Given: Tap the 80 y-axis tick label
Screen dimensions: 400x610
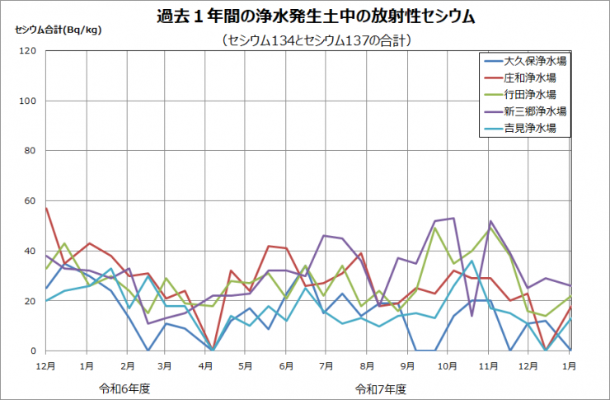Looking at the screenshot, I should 30,151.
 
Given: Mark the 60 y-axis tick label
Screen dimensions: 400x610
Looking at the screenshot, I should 30,201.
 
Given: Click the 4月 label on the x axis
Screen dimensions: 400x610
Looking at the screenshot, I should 205,364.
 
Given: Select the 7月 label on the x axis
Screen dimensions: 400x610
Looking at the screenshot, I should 326,364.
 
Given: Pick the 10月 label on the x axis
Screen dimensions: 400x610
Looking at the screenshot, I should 446,364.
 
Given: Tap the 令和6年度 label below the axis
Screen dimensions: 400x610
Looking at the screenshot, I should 124,388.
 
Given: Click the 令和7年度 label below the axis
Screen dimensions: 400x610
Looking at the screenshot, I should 381,388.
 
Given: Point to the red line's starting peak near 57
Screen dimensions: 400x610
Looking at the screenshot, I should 46,208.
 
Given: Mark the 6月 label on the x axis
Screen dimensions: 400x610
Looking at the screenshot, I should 286,364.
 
